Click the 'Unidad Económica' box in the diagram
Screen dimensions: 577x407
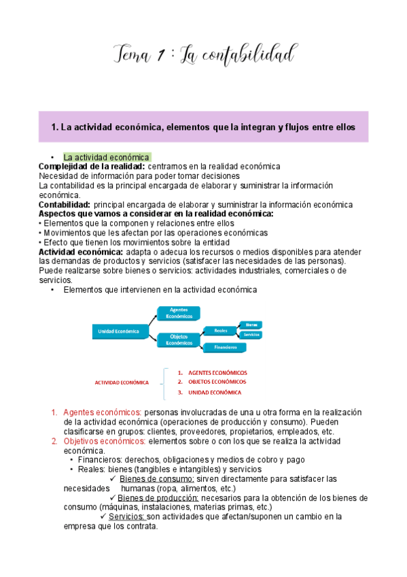click(x=119, y=331)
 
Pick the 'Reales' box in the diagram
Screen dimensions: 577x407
click(x=220, y=330)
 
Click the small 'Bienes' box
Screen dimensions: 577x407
click(x=251, y=325)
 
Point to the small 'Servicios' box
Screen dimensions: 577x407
click(x=251, y=335)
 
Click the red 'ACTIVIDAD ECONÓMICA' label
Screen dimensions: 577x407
click(x=122, y=382)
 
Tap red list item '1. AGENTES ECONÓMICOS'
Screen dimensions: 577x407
click(x=213, y=373)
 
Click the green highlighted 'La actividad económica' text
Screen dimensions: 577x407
click(x=106, y=157)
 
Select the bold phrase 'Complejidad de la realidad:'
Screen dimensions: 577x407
click(x=91, y=167)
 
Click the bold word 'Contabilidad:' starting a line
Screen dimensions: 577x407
click(x=65, y=204)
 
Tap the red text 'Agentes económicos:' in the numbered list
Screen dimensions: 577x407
click(x=102, y=412)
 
